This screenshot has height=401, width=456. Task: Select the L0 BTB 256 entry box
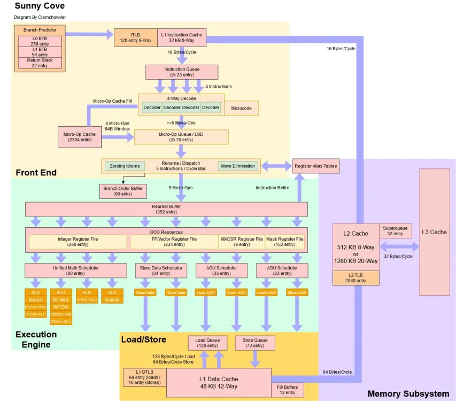[40, 41]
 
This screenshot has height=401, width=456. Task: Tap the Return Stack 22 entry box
[40, 63]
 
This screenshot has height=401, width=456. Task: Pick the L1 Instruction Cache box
[181, 37]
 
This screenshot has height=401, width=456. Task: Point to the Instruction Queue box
[181, 72]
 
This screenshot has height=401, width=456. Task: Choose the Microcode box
[241, 107]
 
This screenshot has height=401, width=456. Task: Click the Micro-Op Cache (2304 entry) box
[79, 137]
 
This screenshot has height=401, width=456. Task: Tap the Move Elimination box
[237, 166]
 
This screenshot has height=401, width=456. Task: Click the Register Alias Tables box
[315, 166]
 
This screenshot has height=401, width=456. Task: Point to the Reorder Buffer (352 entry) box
[166, 209]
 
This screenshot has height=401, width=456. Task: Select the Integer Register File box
[78, 242]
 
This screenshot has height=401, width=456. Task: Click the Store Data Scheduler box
[161, 271]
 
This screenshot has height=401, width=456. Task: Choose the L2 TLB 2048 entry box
[356, 277]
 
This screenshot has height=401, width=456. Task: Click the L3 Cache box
[434, 232]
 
